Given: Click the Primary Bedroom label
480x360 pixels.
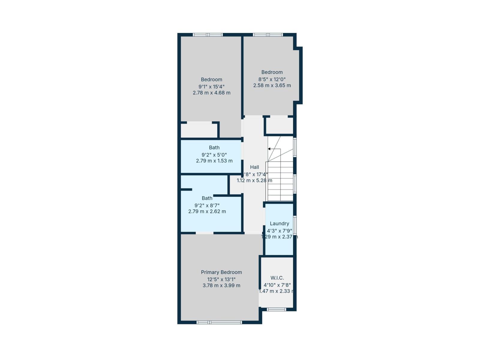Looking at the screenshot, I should (221, 272).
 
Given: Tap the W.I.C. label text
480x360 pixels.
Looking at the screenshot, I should (277, 278).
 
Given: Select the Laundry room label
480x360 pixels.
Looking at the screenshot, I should (279, 223).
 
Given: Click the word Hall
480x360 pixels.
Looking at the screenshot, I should (254, 167).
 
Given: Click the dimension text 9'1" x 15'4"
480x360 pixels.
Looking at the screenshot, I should (211, 86).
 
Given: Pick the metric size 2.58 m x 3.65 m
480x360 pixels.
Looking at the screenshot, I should (272, 85).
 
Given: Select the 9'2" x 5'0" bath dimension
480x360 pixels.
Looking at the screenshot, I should (214, 155).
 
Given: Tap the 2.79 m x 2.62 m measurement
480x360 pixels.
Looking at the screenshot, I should (207, 211).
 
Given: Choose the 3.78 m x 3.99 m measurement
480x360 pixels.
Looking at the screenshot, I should (221, 286).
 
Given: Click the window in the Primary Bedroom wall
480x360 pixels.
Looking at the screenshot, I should (219, 322).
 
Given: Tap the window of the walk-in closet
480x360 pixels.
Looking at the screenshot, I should (276, 309).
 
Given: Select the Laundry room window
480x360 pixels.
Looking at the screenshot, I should (295, 225).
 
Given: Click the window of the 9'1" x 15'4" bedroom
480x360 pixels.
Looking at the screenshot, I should (208, 35).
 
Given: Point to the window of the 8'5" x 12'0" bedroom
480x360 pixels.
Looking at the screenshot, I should (268, 35).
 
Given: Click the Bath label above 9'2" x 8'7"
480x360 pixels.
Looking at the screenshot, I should (207, 198).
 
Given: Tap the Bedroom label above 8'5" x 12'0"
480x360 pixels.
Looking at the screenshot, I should (272, 72).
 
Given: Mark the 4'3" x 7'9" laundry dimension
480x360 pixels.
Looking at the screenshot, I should (279, 231).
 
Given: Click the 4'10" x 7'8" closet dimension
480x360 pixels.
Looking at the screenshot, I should (277, 285).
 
